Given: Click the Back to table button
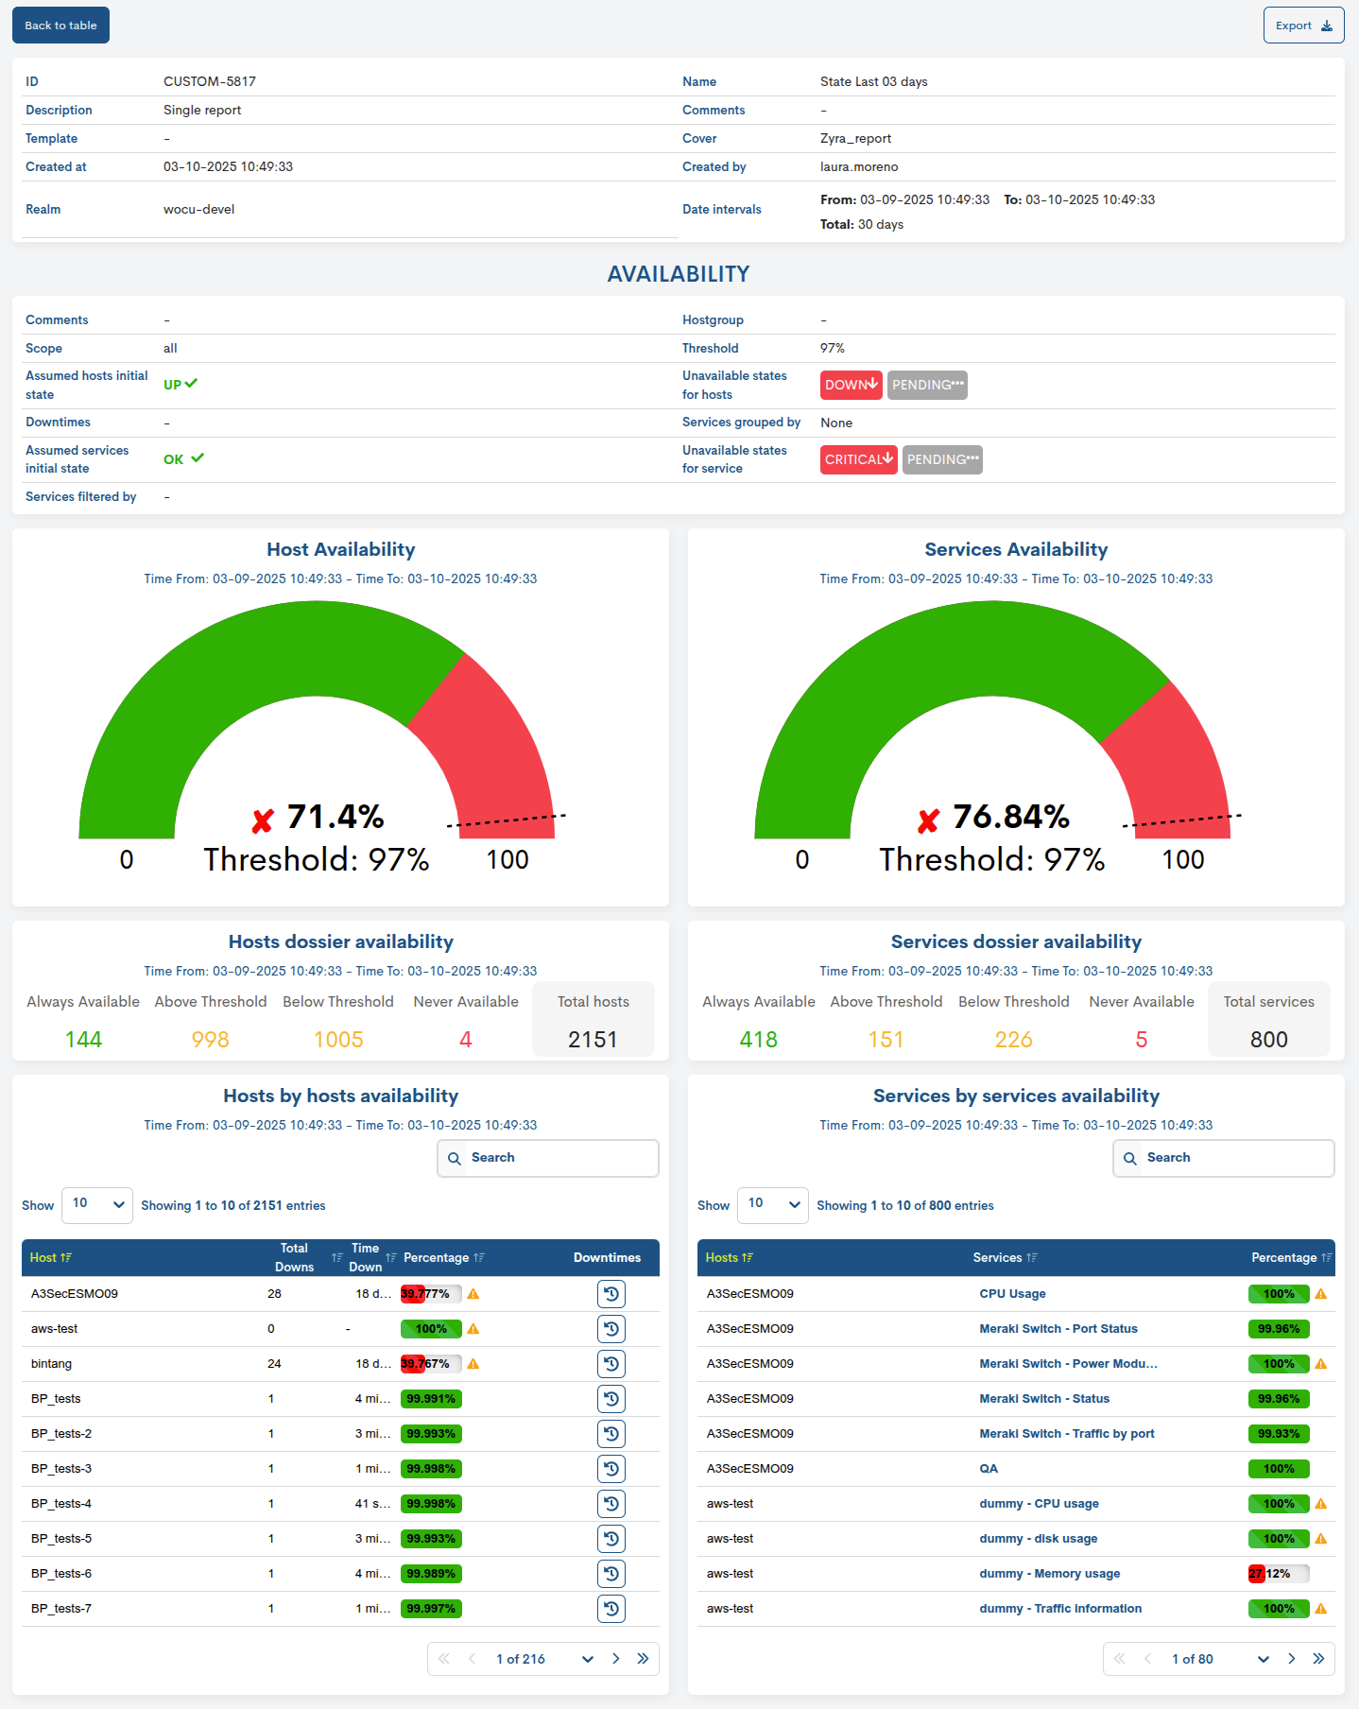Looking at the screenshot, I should coord(60,26).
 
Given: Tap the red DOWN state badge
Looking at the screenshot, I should coord(851,385).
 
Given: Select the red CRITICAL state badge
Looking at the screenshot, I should coord(858,459).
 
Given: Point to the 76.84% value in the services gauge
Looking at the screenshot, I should coord(1010,817).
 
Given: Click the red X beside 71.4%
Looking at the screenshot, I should coord(263,820).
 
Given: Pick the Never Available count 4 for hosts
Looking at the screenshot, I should coord(465,1040).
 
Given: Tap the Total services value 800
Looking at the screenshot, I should coord(1268,1040).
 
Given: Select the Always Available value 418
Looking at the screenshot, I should coord(758,1040).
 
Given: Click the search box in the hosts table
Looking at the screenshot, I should coord(548,1158).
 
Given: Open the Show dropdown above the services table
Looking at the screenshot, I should coord(772,1205).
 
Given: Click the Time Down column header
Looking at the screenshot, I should coord(365,1257).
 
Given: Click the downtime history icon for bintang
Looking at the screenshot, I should coord(611,1364).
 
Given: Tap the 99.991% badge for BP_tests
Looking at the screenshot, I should coord(431,1399).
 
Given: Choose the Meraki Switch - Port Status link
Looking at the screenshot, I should coord(1058,1329).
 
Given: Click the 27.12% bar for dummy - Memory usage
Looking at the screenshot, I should coord(1278,1574).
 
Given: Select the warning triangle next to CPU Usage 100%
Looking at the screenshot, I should coord(1321,1294).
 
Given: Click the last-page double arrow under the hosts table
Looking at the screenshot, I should coord(643,1659).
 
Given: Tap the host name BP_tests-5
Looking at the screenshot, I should coord(61,1539).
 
